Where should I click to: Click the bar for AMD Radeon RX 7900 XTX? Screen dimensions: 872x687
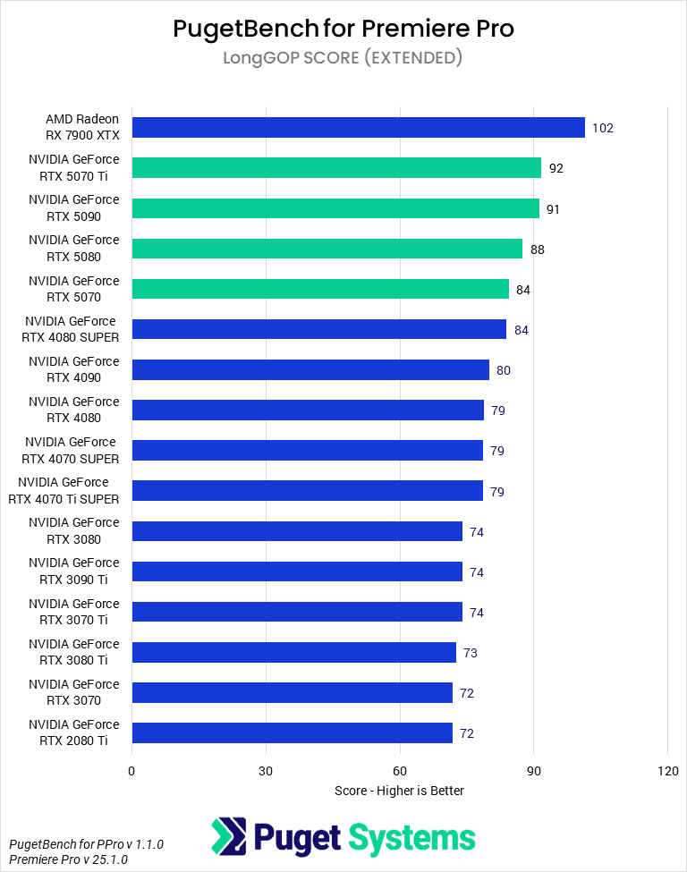pyautogui.click(x=358, y=128)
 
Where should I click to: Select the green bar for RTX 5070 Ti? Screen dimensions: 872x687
pyautogui.click(x=336, y=168)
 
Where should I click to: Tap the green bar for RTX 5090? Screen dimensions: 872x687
pyautogui.click(x=335, y=208)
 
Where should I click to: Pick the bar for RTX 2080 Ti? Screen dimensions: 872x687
pyautogui.click(x=292, y=733)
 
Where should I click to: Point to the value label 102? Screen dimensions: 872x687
pyautogui.click(x=603, y=128)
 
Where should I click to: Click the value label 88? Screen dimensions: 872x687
pyautogui.click(x=537, y=250)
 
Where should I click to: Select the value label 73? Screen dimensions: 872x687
pyautogui.click(x=470, y=653)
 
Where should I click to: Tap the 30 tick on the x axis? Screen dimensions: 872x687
pyautogui.click(x=266, y=771)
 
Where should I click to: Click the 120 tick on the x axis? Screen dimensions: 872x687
pyautogui.click(x=667, y=771)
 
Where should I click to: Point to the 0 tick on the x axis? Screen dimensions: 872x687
pyautogui.click(x=131, y=771)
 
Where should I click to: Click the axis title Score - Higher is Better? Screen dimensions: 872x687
pyautogui.click(x=399, y=791)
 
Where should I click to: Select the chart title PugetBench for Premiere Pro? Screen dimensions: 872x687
pyautogui.click(x=343, y=29)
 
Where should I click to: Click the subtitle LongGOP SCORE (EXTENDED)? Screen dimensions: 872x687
pyautogui.click(x=343, y=58)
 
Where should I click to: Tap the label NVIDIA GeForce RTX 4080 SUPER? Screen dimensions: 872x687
pyautogui.click(x=71, y=329)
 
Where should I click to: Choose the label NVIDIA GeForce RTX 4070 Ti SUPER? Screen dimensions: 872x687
pyautogui.click(x=64, y=491)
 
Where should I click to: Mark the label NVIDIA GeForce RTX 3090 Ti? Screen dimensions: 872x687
pyautogui.click(x=73, y=571)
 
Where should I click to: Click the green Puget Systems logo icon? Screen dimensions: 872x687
pyautogui.click(x=229, y=836)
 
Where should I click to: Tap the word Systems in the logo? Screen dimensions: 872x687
pyautogui.click(x=411, y=838)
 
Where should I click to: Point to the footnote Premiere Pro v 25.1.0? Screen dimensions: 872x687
pyautogui.click(x=68, y=859)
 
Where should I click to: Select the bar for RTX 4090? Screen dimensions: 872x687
pyautogui.click(x=310, y=370)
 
